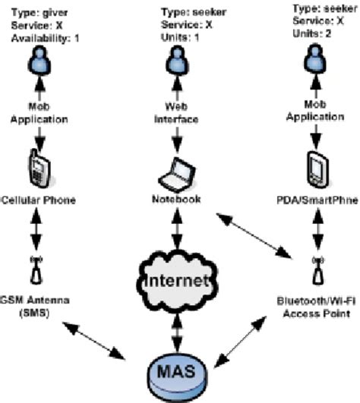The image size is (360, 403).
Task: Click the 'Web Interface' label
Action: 177,113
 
